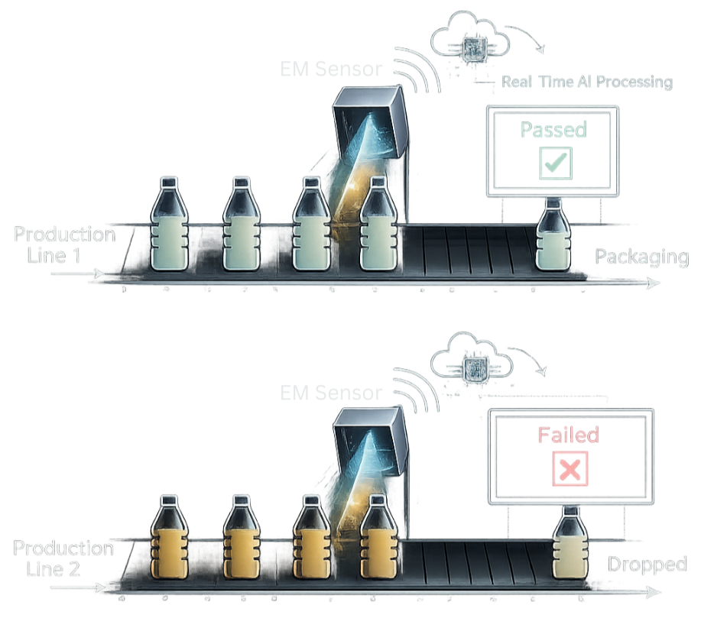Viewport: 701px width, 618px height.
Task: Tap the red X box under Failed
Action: [570, 469]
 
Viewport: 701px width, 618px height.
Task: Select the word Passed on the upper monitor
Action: [553, 129]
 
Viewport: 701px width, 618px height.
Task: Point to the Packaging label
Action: [642, 257]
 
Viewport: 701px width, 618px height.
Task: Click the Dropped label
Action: [647, 565]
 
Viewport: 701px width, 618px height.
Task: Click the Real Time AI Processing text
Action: [587, 82]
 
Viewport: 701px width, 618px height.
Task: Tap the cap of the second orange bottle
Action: [240, 502]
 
